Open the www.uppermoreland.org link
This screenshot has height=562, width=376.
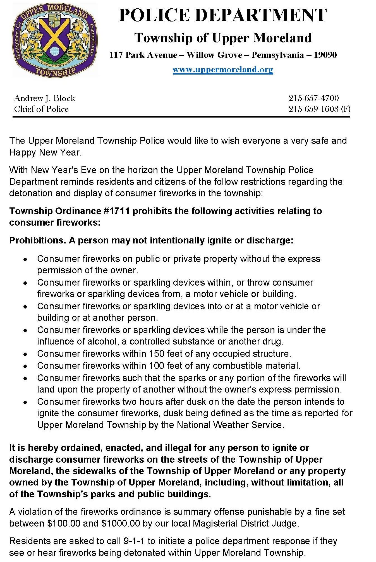[x=223, y=69]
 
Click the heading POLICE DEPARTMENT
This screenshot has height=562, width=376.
[x=222, y=15]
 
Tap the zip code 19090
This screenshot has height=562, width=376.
[x=325, y=55]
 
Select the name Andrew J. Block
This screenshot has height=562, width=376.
[x=45, y=98]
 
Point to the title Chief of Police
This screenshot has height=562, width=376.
[x=41, y=109]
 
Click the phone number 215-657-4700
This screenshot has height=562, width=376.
[x=313, y=98]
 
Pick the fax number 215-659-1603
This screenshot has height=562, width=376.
[x=313, y=109]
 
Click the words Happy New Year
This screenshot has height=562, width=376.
[x=45, y=152]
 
